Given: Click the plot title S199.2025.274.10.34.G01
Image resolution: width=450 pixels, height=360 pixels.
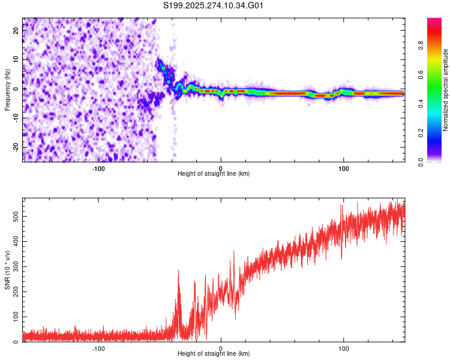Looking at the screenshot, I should pyautogui.click(x=214, y=6).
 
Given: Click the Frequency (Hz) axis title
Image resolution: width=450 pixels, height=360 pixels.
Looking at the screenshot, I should pyautogui.click(x=7, y=89).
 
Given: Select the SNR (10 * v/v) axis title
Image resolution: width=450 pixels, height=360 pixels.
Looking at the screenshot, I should pyautogui.click(x=7, y=269).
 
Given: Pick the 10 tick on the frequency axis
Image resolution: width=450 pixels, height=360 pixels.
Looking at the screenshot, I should pyautogui.click(x=17, y=60).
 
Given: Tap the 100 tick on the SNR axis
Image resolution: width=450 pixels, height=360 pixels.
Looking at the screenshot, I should pyautogui.click(x=14, y=316).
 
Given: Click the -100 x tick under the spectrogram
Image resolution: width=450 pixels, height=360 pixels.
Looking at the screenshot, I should pyautogui.click(x=98, y=168).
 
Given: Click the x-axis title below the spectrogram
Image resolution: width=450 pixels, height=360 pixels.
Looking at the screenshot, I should pyautogui.click(x=214, y=174).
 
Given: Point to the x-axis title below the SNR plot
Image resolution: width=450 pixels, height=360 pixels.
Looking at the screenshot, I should pyautogui.click(x=214, y=354).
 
